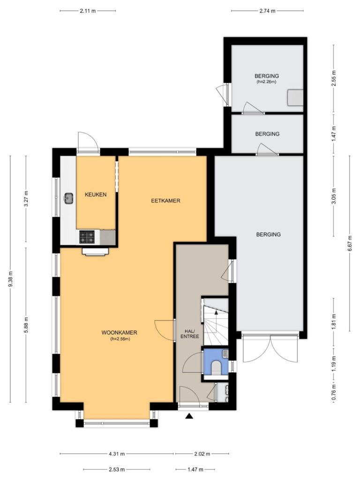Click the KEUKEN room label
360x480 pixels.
pyautogui.click(x=96, y=195)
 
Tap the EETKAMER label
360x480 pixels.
pyautogui.click(x=165, y=201)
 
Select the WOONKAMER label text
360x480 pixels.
pyautogui.click(x=119, y=332)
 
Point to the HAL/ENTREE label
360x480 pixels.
pyautogui.click(x=189, y=334)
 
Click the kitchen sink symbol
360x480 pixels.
pyautogui.click(x=68, y=198)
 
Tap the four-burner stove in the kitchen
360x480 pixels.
pyautogui.click(x=87, y=237)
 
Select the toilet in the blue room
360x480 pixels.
pyautogui.click(x=216, y=367)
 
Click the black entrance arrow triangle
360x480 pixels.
pyautogui.click(x=189, y=416)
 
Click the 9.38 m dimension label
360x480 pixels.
pyautogui.click(x=10, y=279)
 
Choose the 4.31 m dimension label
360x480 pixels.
pyautogui.click(x=117, y=454)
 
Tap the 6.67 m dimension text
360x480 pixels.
pyautogui.click(x=349, y=243)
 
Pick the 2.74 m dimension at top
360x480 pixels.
pyautogui.click(x=267, y=11)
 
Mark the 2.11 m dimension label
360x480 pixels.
pyautogui.click(x=88, y=11)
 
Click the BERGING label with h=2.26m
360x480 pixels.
pyautogui.click(x=267, y=78)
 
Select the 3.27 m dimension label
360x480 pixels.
pyautogui.click(x=26, y=199)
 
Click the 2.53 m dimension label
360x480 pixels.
pyautogui.click(x=117, y=469)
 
